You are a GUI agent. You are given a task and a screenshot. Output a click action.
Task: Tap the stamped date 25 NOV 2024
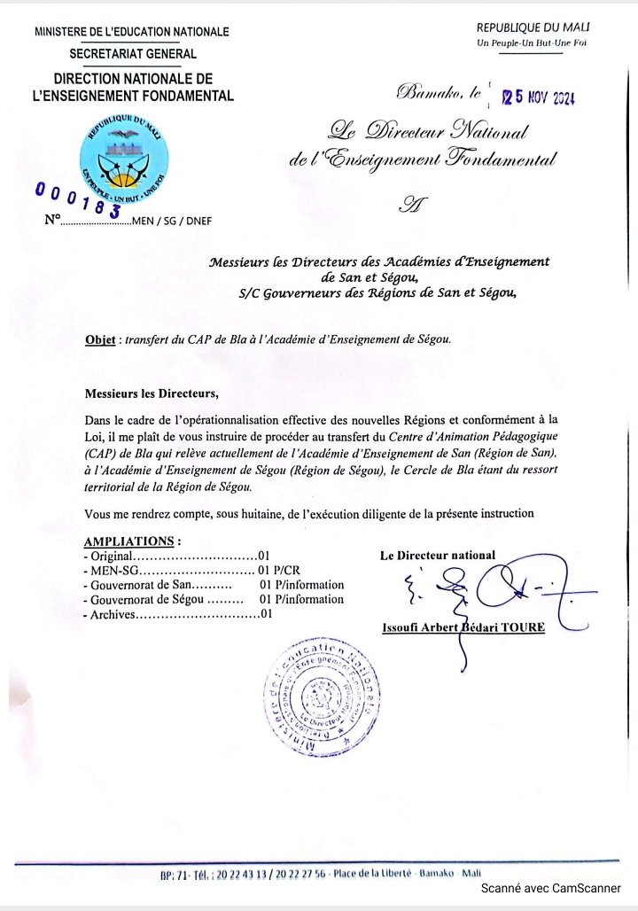[x=539, y=97]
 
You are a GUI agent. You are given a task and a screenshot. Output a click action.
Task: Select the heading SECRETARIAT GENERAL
[x=133, y=54]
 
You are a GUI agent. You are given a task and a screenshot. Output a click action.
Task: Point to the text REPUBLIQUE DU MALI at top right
[x=533, y=28]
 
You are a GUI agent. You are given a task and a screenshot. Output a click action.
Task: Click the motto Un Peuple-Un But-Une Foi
[x=532, y=43]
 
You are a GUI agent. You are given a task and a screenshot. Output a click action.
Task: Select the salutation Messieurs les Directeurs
[x=151, y=393]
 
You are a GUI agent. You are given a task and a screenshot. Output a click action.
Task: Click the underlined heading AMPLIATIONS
[x=130, y=541]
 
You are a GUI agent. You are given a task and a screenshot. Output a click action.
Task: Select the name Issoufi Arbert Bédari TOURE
[x=463, y=627]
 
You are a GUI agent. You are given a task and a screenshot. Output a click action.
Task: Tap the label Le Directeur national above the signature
[x=438, y=556]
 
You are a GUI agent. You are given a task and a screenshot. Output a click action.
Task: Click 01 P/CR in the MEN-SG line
[x=280, y=570]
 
